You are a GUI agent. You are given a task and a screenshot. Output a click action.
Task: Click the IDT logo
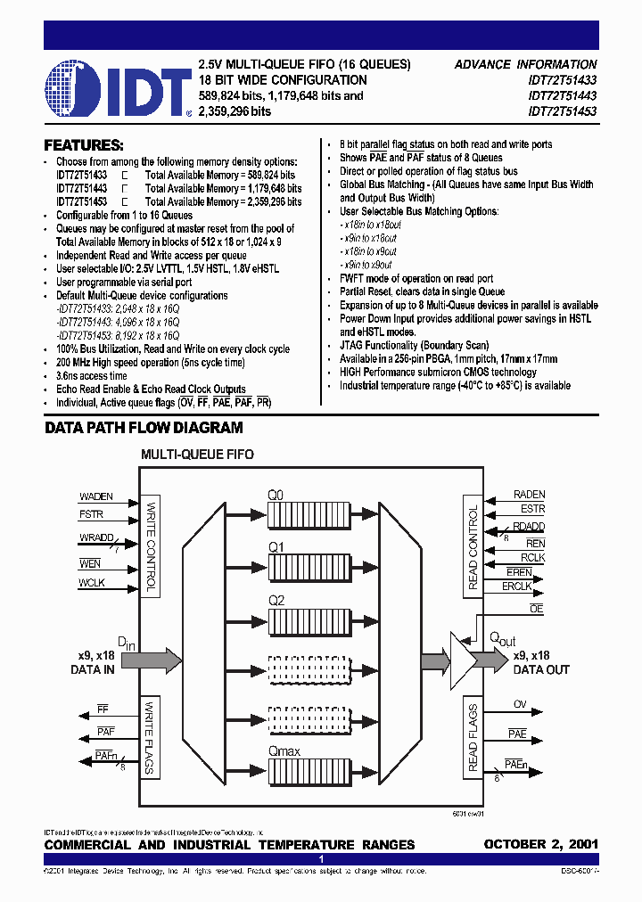click(119, 89)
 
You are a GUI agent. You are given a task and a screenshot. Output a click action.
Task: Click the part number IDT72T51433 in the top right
click(563, 80)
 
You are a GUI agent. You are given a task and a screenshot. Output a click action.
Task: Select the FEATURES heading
click(84, 145)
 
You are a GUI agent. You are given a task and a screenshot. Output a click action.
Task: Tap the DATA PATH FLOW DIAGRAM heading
click(144, 429)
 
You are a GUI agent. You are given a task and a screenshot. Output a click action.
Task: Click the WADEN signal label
click(96, 496)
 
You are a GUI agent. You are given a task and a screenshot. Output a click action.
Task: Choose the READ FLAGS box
click(472, 738)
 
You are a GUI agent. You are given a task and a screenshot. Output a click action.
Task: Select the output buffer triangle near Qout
click(465, 660)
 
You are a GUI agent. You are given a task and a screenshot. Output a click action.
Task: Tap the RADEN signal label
click(530, 495)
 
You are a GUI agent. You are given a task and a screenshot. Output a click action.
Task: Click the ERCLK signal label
click(517, 586)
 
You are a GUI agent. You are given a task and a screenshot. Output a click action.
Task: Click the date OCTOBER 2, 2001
click(540, 844)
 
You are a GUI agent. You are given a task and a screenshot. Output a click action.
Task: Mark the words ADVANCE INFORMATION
click(525, 64)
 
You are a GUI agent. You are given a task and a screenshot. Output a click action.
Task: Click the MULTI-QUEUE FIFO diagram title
click(197, 455)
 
